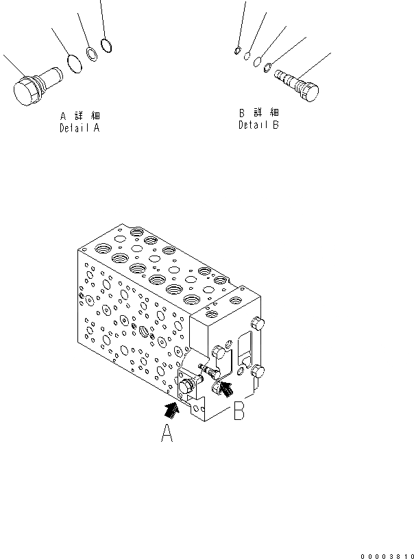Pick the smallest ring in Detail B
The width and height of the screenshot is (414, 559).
236,49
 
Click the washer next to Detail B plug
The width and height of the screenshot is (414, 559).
269,67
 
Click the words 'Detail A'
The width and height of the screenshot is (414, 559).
80,128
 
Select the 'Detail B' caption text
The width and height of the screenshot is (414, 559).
258,125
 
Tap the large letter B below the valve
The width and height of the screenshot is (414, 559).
239,411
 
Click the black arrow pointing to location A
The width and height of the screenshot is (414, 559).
171,410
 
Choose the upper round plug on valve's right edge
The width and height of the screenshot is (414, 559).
258,325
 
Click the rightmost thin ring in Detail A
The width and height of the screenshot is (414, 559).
106,46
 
